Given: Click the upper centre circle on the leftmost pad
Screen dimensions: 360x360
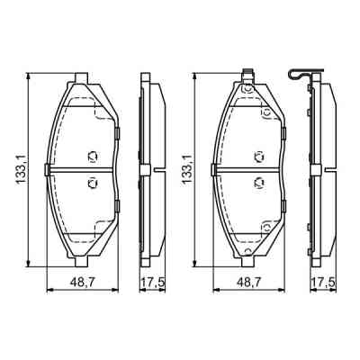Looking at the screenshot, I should tap(91, 157).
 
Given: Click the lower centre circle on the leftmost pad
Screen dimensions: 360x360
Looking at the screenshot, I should tap(91, 183).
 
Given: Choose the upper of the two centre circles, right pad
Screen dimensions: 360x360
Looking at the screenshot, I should tap(257, 157).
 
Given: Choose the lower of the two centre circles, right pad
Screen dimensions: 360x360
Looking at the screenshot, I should tap(257, 183).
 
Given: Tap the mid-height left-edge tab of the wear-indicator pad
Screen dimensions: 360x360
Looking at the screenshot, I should tap(213, 169).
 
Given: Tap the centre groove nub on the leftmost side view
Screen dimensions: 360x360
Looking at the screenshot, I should tap(159, 169).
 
